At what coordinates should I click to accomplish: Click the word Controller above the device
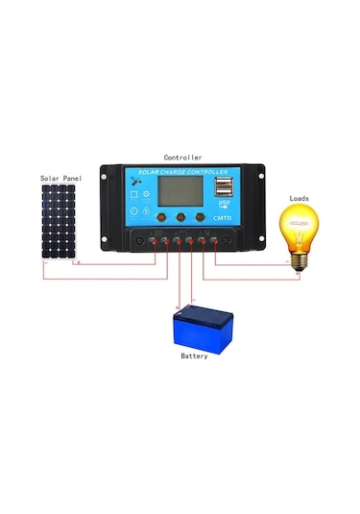[182, 157]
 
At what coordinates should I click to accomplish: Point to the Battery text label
[194, 355]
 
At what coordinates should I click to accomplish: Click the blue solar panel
[59, 222]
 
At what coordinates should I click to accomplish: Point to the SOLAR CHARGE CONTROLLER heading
[180, 173]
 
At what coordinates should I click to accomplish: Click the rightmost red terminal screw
[214, 240]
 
